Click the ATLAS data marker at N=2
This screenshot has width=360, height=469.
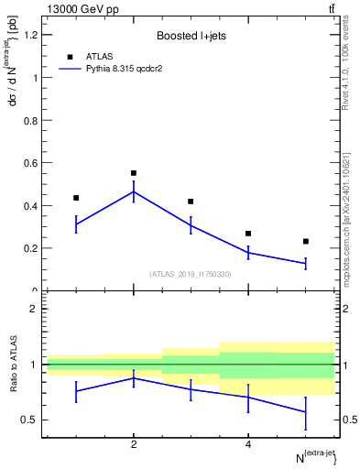click(134, 173)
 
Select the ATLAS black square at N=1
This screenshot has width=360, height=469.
click(76, 198)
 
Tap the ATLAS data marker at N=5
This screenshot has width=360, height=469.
click(306, 241)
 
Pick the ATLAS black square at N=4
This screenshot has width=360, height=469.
click(248, 234)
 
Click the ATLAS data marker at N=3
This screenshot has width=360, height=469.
click(191, 202)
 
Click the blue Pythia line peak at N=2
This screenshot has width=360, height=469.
click(134, 191)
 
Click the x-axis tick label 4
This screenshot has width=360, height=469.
click(248, 444)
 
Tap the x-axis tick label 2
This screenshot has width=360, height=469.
click(134, 444)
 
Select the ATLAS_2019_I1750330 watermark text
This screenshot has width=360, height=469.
click(191, 274)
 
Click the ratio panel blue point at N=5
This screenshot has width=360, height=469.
click(306, 412)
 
